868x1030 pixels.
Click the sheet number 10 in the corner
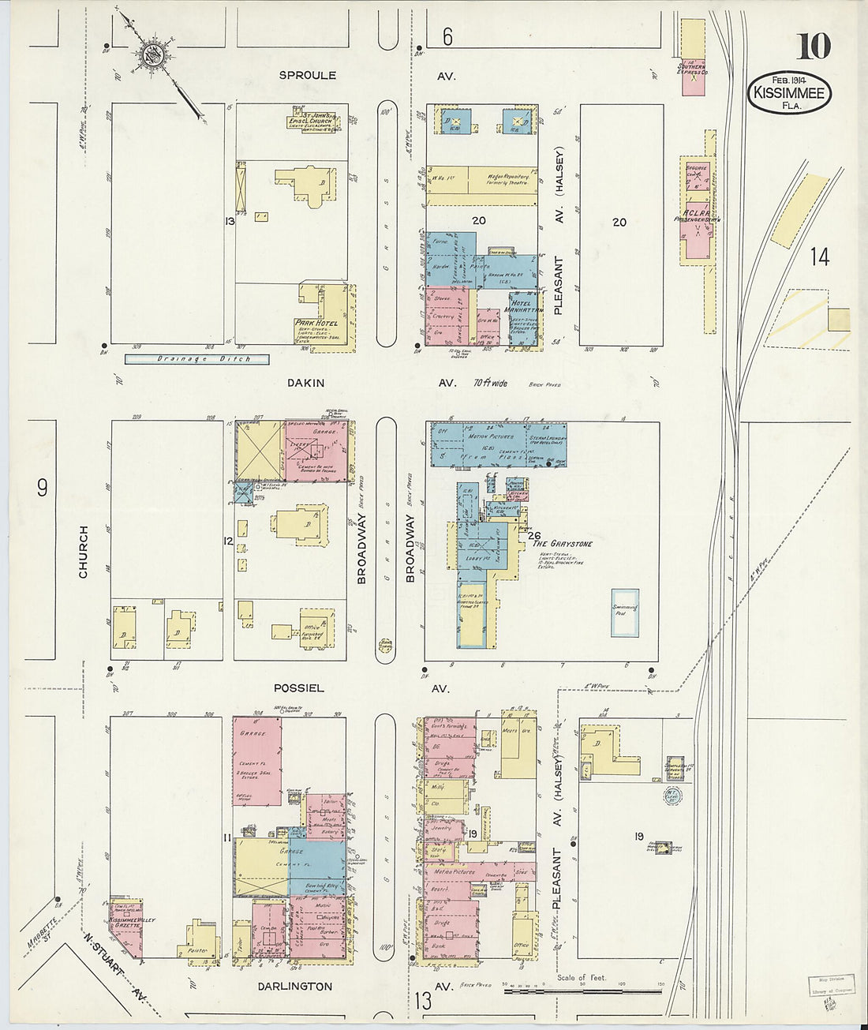coord(813,47)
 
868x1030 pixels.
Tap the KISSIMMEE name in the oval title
coord(788,93)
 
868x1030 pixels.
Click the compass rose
coord(152,54)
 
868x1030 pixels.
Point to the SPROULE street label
coord(307,76)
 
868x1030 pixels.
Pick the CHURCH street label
coord(84,552)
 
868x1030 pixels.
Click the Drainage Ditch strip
coord(196,359)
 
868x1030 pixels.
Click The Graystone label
coord(562,544)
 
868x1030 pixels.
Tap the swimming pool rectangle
coord(624,612)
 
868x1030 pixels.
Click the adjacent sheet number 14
coord(819,257)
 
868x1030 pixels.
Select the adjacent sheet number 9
coord(42,488)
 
